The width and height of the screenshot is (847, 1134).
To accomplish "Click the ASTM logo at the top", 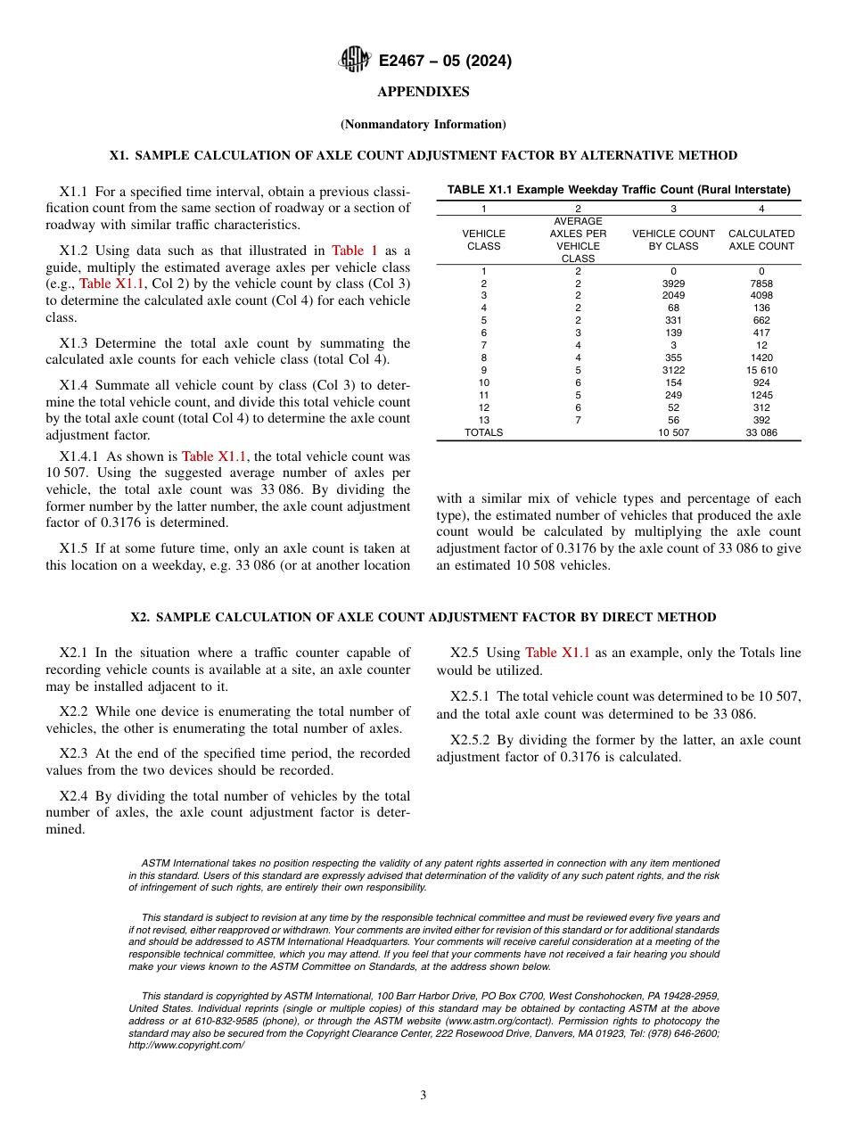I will [x=354, y=60].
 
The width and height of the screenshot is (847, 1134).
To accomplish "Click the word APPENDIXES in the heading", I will [x=423, y=92].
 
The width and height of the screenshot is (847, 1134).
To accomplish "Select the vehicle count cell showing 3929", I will [x=673, y=283].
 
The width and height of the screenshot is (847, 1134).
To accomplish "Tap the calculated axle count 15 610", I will [x=761, y=370].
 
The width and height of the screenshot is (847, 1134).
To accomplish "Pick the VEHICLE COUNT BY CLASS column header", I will [x=673, y=240].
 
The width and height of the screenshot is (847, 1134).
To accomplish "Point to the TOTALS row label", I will [x=484, y=432].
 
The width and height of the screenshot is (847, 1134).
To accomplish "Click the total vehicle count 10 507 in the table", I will [x=673, y=432].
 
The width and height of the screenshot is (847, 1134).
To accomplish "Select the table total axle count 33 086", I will [x=761, y=432].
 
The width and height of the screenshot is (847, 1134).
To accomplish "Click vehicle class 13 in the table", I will [x=484, y=420].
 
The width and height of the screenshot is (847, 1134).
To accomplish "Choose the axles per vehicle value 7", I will [x=578, y=420].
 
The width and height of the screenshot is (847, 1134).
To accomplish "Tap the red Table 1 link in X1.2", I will [x=355, y=251].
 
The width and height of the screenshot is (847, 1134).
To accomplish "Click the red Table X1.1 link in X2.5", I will [x=557, y=653].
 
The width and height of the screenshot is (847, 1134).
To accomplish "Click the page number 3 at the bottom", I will [x=423, y=1096].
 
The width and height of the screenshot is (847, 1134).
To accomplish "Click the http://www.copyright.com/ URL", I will [x=186, y=1045].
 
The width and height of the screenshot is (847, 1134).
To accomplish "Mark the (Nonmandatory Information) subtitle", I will [x=423, y=124].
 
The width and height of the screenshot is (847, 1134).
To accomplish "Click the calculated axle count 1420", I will [x=761, y=357].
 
